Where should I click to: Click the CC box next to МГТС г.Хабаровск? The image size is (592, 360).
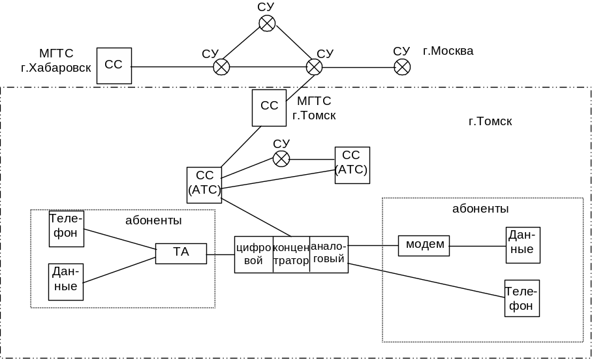(x=114, y=65)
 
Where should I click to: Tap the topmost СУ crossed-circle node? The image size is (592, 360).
(x=267, y=24)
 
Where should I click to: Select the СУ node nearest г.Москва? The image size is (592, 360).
(x=402, y=67)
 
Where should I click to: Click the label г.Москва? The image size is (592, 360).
(x=448, y=51)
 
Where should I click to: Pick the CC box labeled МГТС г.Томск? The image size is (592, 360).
(x=269, y=108)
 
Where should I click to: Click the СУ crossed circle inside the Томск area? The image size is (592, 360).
(x=281, y=158)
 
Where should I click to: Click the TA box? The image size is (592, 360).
(x=181, y=253)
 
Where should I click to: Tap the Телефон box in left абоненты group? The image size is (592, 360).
(x=67, y=228)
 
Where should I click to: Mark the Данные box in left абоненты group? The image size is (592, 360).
(x=67, y=281)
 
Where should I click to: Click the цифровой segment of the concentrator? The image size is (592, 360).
(x=253, y=254)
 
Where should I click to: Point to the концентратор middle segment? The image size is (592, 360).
(x=290, y=254)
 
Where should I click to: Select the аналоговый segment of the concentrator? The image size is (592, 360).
(x=328, y=254)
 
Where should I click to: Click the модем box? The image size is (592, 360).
(x=425, y=245)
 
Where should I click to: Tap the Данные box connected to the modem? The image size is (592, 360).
(x=523, y=245)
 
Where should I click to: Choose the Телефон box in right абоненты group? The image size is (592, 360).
(x=522, y=298)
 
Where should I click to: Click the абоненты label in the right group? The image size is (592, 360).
(x=480, y=209)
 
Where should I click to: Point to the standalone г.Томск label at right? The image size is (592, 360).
(x=490, y=122)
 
